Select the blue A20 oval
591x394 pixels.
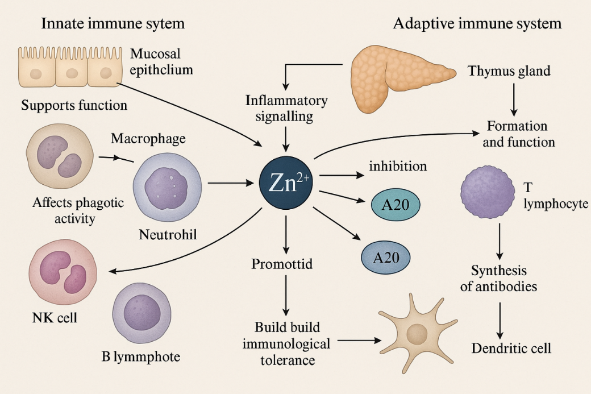386,257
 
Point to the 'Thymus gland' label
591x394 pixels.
509,72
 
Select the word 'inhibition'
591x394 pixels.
398,167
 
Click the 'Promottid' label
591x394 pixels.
282,264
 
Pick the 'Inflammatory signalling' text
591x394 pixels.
286,109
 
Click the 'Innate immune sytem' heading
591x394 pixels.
113,24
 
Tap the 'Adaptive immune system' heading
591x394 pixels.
477,24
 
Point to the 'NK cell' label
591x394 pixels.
55,317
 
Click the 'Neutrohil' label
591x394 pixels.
168,234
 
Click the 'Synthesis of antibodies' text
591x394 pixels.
498,278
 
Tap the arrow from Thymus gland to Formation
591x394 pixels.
513,98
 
